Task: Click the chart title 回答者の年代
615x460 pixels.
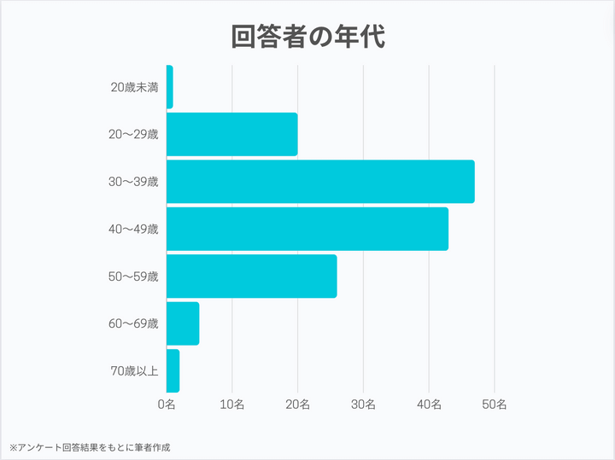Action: pyautogui.click(x=307, y=36)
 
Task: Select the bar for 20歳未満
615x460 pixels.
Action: pyautogui.click(x=170, y=87)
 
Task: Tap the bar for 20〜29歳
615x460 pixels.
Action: pyautogui.click(x=232, y=134)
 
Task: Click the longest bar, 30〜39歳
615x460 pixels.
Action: pyautogui.click(x=320, y=182)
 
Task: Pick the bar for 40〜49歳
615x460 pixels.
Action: pyautogui.click(x=307, y=229)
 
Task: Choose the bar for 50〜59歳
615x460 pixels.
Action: pyautogui.click(x=252, y=277)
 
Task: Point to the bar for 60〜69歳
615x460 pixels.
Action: pyautogui.click(x=183, y=323)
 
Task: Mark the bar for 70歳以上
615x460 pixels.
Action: pyautogui.click(x=173, y=370)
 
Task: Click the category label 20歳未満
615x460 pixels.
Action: pyautogui.click(x=134, y=87)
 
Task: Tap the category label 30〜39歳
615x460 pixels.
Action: pyautogui.click(x=134, y=182)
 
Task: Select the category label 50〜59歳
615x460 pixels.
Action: pyautogui.click(x=134, y=277)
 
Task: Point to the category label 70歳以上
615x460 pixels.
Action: pyautogui.click(x=134, y=370)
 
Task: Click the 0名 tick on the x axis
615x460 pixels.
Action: pyautogui.click(x=167, y=404)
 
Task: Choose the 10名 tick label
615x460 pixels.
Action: pyautogui.click(x=232, y=404)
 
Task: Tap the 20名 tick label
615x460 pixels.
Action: pyautogui.click(x=298, y=404)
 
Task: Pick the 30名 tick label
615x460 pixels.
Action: pyautogui.click(x=363, y=404)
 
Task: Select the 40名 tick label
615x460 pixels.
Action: pyautogui.click(x=429, y=404)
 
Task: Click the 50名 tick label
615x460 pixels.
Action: pyautogui.click(x=495, y=404)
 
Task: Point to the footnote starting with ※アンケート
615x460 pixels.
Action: pyautogui.click(x=90, y=446)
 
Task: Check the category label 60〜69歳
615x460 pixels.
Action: pyautogui.click(x=134, y=323)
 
